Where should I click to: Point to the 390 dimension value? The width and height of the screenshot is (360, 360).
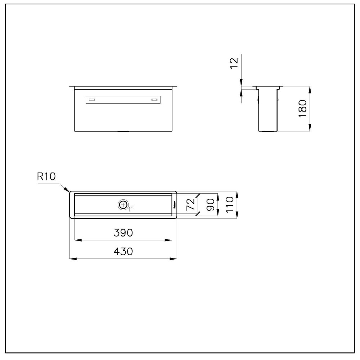[x=123, y=233]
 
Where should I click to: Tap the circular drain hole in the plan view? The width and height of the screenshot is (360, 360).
[x=123, y=204]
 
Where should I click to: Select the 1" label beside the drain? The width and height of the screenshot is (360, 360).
[x=130, y=208]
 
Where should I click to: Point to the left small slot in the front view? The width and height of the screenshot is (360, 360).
[x=92, y=99]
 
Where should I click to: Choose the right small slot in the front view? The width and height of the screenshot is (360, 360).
[x=154, y=99]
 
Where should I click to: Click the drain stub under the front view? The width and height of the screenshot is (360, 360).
[x=123, y=132]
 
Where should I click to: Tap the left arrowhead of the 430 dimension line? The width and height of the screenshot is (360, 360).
[x=70, y=258]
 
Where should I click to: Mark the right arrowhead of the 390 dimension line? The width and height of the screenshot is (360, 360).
[x=171, y=240]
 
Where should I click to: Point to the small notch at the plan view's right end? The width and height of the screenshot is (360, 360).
[x=174, y=204]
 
